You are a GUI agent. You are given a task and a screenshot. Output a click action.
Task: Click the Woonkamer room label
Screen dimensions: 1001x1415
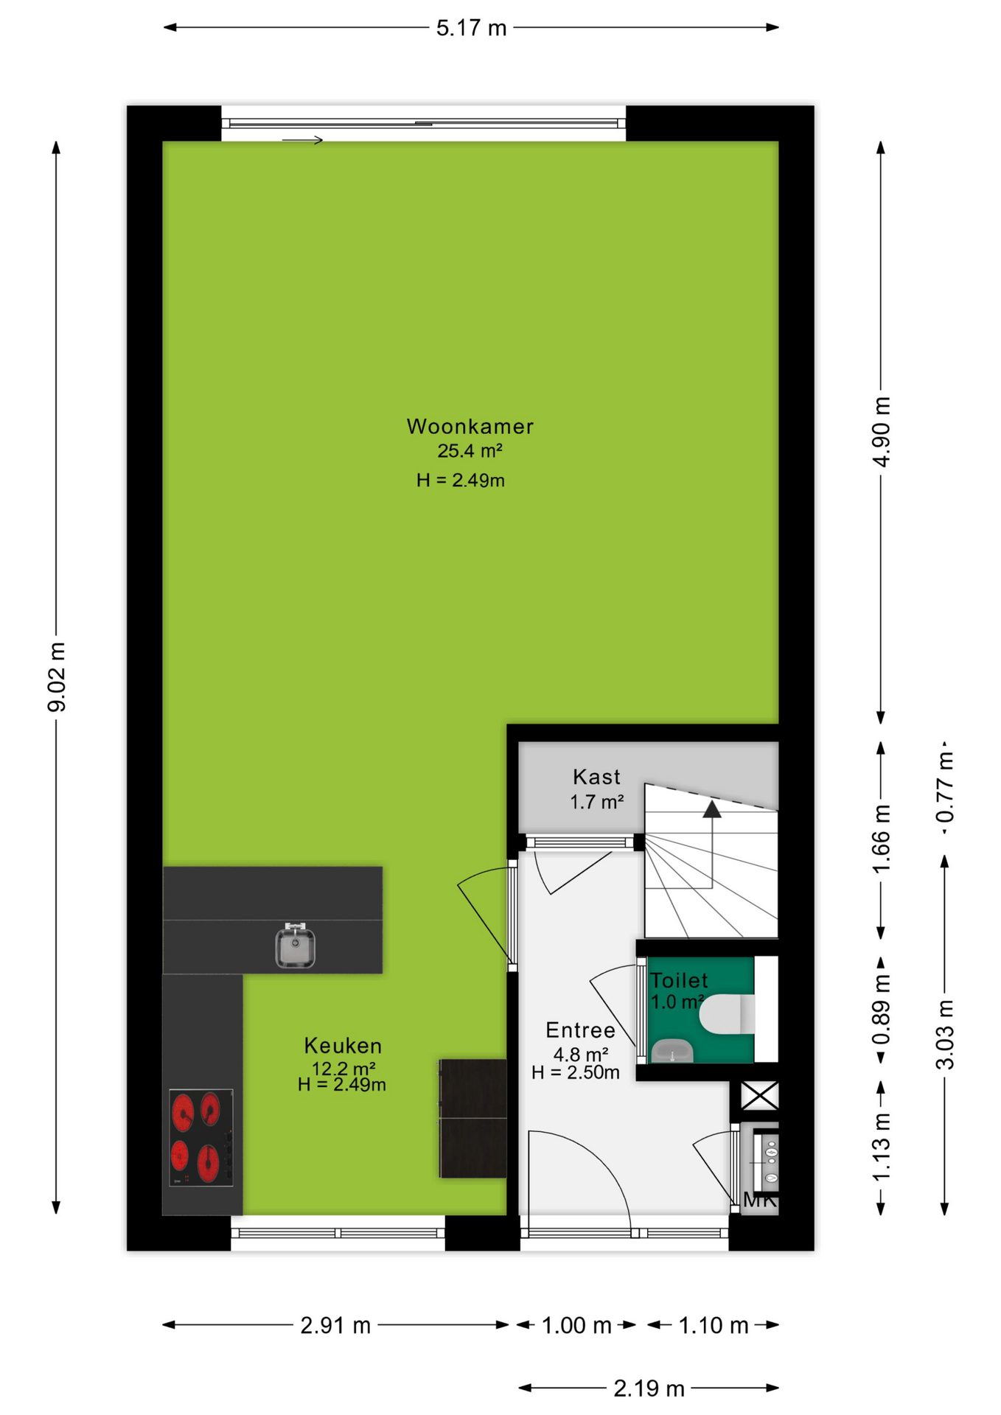pyautogui.click(x=470, y=426)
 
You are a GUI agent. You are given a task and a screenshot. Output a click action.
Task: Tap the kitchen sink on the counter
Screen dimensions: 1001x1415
pyautogui.click(x=295, y=946)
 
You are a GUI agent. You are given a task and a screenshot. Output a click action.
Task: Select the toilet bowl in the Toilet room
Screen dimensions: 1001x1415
pyautogui.click(x=727, y=1014)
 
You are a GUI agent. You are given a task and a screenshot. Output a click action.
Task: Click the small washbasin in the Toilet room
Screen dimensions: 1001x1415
pyautogui.click(x=672, y=1050)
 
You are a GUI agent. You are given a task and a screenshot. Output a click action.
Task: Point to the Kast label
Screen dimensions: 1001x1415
pyautogui.click(x=596, y=777)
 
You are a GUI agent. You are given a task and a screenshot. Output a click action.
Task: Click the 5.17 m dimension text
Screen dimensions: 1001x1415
pyautogui.click(x=471, y=28)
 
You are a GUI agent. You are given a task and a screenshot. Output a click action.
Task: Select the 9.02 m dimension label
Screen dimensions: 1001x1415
pyautogui.click(x=57, y=677)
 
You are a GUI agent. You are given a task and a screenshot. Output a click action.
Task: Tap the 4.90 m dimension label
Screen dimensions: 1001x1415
pyautogui.click(x=882, y=431)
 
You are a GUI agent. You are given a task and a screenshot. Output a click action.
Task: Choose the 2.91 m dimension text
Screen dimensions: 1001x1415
pyautogui.click(x=335, y=1325)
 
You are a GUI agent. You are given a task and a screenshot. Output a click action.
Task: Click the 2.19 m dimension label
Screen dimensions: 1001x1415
pyautogui.click(x=649, y=1388)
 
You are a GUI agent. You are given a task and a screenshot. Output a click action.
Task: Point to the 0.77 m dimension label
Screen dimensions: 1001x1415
pyautogui.click(x=944, y=787)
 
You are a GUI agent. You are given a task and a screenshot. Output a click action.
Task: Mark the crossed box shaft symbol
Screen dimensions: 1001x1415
pyautogui.click(x=759, y=1095)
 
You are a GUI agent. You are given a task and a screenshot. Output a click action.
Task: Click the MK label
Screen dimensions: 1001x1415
pyautogui.click(x=760, y=1201)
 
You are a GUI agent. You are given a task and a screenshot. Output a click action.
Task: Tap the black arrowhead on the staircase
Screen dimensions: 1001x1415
pyautogui.click(x=712, y=809)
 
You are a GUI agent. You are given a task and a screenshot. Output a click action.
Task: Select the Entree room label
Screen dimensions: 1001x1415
pyautogui.click(x=580, y=1030)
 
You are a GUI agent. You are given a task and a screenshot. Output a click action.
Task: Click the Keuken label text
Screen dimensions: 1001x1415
pyautogui.click(x=343, y=1046)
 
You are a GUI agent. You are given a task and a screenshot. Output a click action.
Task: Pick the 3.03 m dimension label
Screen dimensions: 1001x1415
pyautogui.click(x=944, y=1035)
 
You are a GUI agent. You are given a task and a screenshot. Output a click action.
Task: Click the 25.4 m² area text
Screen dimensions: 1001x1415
pyautogui.click(x=470, y=450)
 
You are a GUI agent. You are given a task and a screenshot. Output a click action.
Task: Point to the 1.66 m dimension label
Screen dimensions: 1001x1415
pyautogui.click(x=882, y=839)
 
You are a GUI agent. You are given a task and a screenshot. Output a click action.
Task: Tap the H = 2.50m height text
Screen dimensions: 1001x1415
pyautogui.click(x=576, y=1072)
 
